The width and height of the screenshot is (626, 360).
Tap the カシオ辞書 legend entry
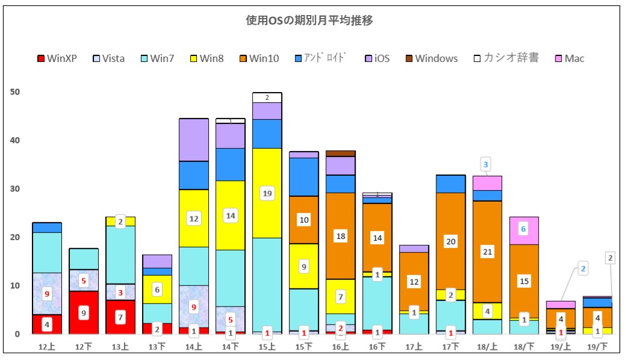[x=506, y=58]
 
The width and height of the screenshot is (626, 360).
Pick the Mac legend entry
[x=569, y=58]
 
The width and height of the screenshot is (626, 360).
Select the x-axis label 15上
[x=267, y=347]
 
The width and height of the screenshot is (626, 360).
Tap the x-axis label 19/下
[x=598, y=347]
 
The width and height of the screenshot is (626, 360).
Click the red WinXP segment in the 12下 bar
[x=84, y=312]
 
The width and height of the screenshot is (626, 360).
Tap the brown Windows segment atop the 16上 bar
[x=341, y=154]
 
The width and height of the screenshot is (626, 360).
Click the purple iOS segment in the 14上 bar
[x=194, y=140]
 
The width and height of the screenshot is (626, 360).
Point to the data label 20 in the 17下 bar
[x=450, y=241]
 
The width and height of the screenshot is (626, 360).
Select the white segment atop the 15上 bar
[x=267, y=98]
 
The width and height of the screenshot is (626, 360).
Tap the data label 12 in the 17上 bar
[x=414, y=281]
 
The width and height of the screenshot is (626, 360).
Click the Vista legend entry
[x=109, y=58]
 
